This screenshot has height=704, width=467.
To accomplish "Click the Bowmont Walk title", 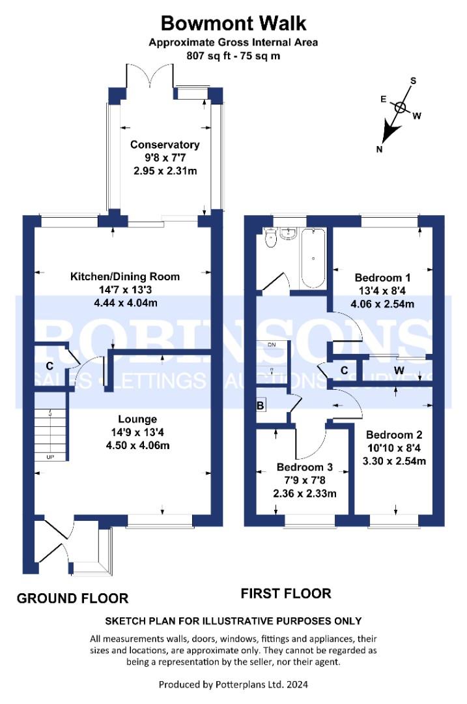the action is tap(233, 23).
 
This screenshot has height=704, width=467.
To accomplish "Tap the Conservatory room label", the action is tap(165, 145).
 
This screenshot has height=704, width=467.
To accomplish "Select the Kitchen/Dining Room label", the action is tap(125, 276).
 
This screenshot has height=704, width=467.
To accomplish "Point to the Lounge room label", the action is tap(137, 419).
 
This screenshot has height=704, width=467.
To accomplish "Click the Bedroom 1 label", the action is tap(382, 278).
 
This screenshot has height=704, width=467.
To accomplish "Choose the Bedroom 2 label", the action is tap(394, 435).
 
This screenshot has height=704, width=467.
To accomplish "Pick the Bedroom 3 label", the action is tap(305, 467).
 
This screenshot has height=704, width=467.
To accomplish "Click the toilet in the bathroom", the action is tap(270, 239).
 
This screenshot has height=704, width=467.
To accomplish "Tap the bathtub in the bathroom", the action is tap(313, 258).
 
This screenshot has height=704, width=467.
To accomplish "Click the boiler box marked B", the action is tap(260, 405).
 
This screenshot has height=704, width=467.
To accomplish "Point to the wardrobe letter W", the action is tap(399, 371).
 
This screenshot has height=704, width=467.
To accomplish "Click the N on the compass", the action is tap(380, 149).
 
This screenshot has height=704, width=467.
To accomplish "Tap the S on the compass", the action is tap(413, 81).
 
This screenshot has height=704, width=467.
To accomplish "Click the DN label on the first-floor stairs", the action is tap(272, 345).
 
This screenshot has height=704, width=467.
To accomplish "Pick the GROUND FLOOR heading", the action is tap(73, 598).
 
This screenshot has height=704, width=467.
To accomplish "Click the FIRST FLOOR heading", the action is tap(286, 594).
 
